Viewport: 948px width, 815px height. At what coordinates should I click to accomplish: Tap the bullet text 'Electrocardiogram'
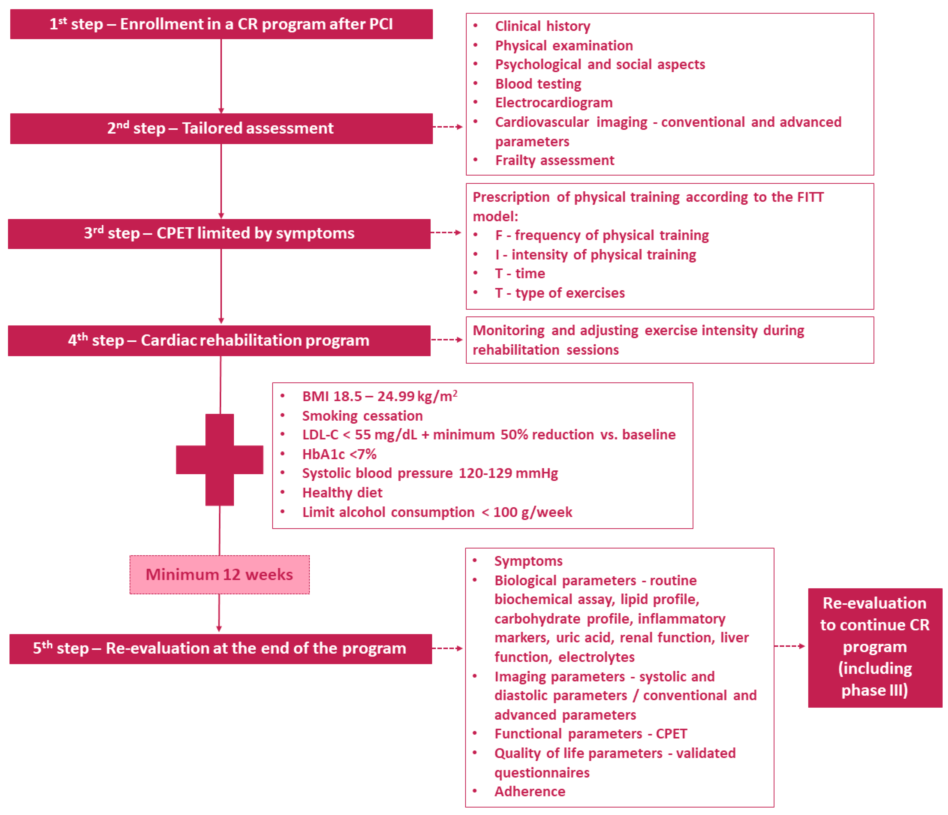tap(554, 103)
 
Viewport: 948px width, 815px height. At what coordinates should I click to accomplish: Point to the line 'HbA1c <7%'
tap(339, 455)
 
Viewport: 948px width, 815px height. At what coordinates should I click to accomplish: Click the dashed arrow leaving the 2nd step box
tap(447, 127)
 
